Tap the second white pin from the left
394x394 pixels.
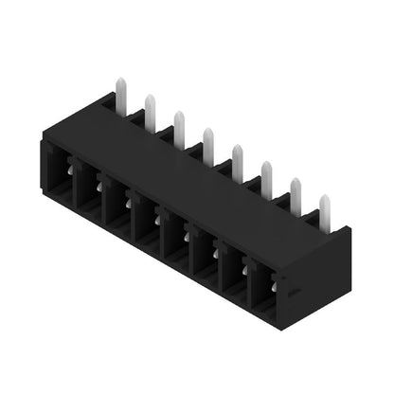[x=150, y=110]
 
